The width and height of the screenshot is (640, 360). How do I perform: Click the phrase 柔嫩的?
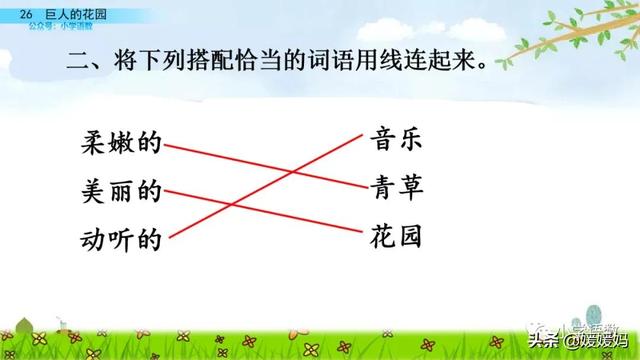(121, 143)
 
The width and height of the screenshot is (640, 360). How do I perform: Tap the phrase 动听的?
(121, 240)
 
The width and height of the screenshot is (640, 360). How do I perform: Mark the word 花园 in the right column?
(394, 236)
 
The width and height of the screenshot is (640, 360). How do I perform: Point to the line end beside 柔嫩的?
(166, 146)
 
